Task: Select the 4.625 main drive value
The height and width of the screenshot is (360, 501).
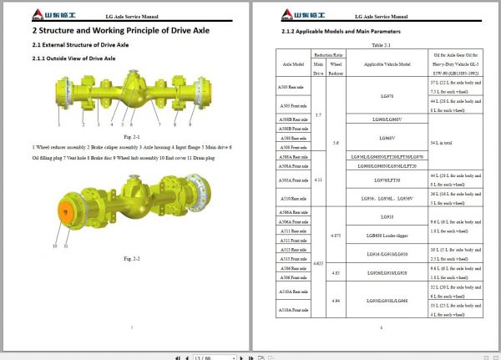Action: (x=317, y=261)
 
